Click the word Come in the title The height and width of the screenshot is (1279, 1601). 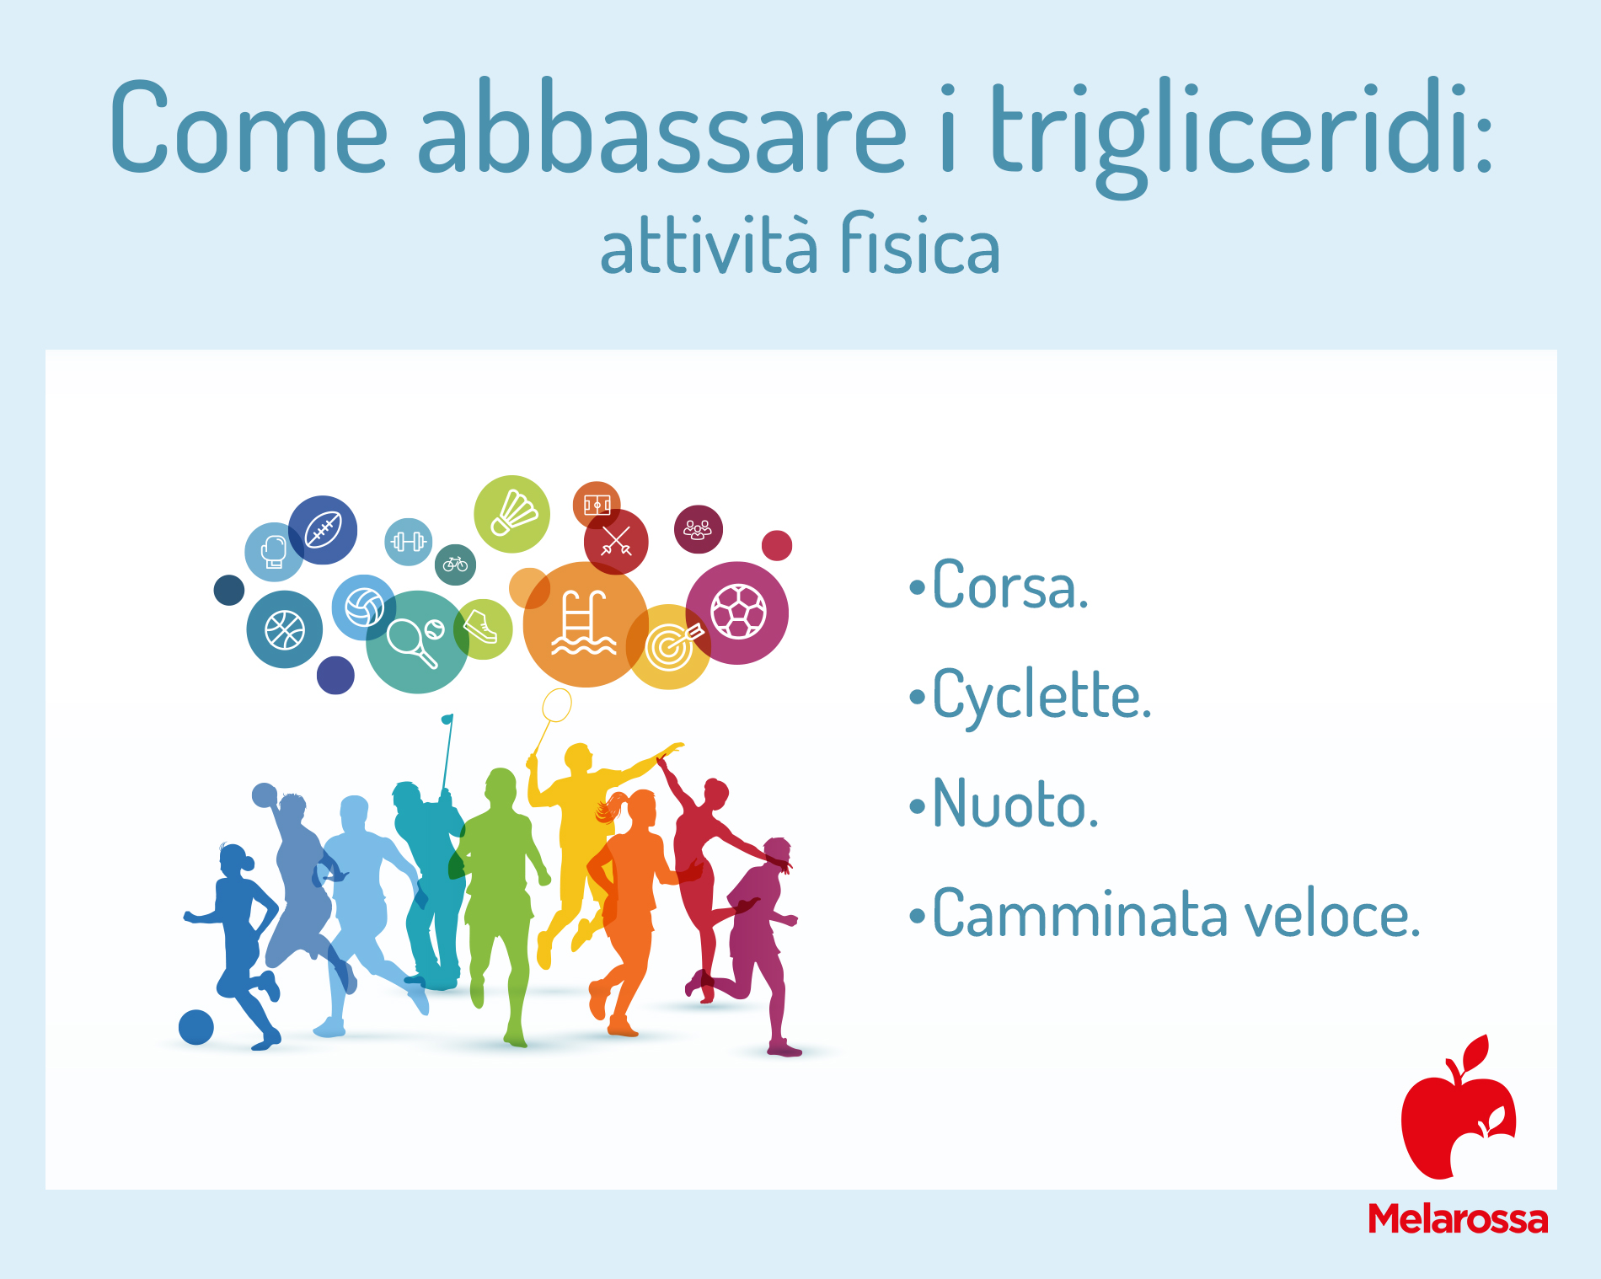tap(249, 128)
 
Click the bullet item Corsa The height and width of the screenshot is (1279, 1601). tap(999, 586)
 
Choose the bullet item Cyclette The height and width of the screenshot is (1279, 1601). tap(1031, 696)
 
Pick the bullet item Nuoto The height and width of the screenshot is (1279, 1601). tap(1004, 804)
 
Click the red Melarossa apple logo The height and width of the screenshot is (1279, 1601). tap(1459, 1107)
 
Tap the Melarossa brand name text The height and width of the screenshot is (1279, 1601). tap(1458, 1219)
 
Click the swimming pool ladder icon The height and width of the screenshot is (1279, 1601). tap(583, 623)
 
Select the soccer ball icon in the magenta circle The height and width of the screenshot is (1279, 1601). tap(738, 612)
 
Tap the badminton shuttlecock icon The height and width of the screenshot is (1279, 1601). tap(514, 513)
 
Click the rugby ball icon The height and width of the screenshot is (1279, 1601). tap(323, 530)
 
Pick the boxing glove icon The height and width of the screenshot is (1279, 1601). tap(273, 553)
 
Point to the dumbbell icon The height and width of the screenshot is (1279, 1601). tap(409, 542)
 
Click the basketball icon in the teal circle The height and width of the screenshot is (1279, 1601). tap(285, 629)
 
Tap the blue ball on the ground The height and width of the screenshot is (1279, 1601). tap(196, 1027)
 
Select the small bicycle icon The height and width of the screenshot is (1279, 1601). tap(455, 564)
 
